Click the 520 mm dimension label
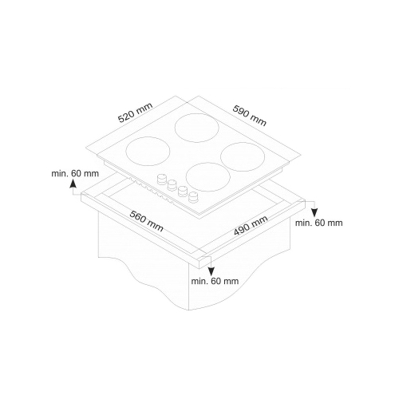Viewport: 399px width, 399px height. coord(136,113)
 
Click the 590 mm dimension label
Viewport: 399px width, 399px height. coord(250,115)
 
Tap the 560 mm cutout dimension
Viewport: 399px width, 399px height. coord(147,221)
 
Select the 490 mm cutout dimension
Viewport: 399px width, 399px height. coord(251,226)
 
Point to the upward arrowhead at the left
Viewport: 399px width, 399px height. coord(73,184)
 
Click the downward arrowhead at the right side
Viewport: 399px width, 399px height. coord(314,213)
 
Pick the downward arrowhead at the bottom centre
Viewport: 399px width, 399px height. coord(211,271)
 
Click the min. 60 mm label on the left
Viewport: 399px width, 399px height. coord(75,174)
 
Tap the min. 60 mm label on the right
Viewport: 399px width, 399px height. coord(319,223)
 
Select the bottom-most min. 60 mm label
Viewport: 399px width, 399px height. coord(215,281)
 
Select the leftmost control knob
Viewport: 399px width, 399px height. coord(161,179)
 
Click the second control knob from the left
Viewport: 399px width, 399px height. coord(172,185)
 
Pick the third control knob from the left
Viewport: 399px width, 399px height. coord(183,192)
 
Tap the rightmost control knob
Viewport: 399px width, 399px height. coord(193,197)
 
